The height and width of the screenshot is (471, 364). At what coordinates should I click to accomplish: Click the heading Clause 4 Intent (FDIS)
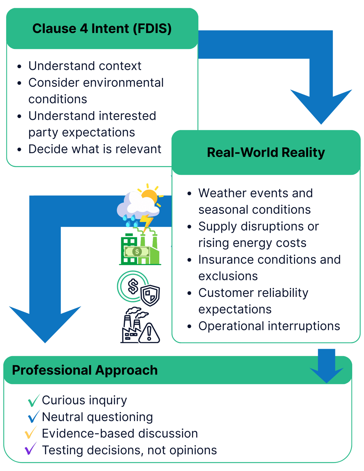(x=102, y=29)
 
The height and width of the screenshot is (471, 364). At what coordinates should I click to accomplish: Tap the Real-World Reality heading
(x=266, y=153)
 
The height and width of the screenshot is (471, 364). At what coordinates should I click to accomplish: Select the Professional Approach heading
(x=85, y=370)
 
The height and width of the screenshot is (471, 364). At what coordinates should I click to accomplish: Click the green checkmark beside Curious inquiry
(x=33, y=400)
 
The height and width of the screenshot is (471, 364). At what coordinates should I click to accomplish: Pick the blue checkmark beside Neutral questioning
(x=33, y=417)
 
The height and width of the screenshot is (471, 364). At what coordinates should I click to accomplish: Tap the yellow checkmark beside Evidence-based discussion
(x=30, y=433)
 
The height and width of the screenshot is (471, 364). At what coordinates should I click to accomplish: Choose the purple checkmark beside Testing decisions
(x=30, y=449)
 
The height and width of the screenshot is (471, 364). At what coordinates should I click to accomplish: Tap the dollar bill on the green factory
(x=137, y=251)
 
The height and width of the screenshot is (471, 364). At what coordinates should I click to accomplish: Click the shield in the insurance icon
(x=150, y=295)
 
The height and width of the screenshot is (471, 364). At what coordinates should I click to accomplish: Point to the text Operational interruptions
(x=269, y=326)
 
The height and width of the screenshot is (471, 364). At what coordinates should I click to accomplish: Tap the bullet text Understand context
(x=85, y=66)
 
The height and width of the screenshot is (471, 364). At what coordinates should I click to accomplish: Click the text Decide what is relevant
(x=95, y=149)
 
